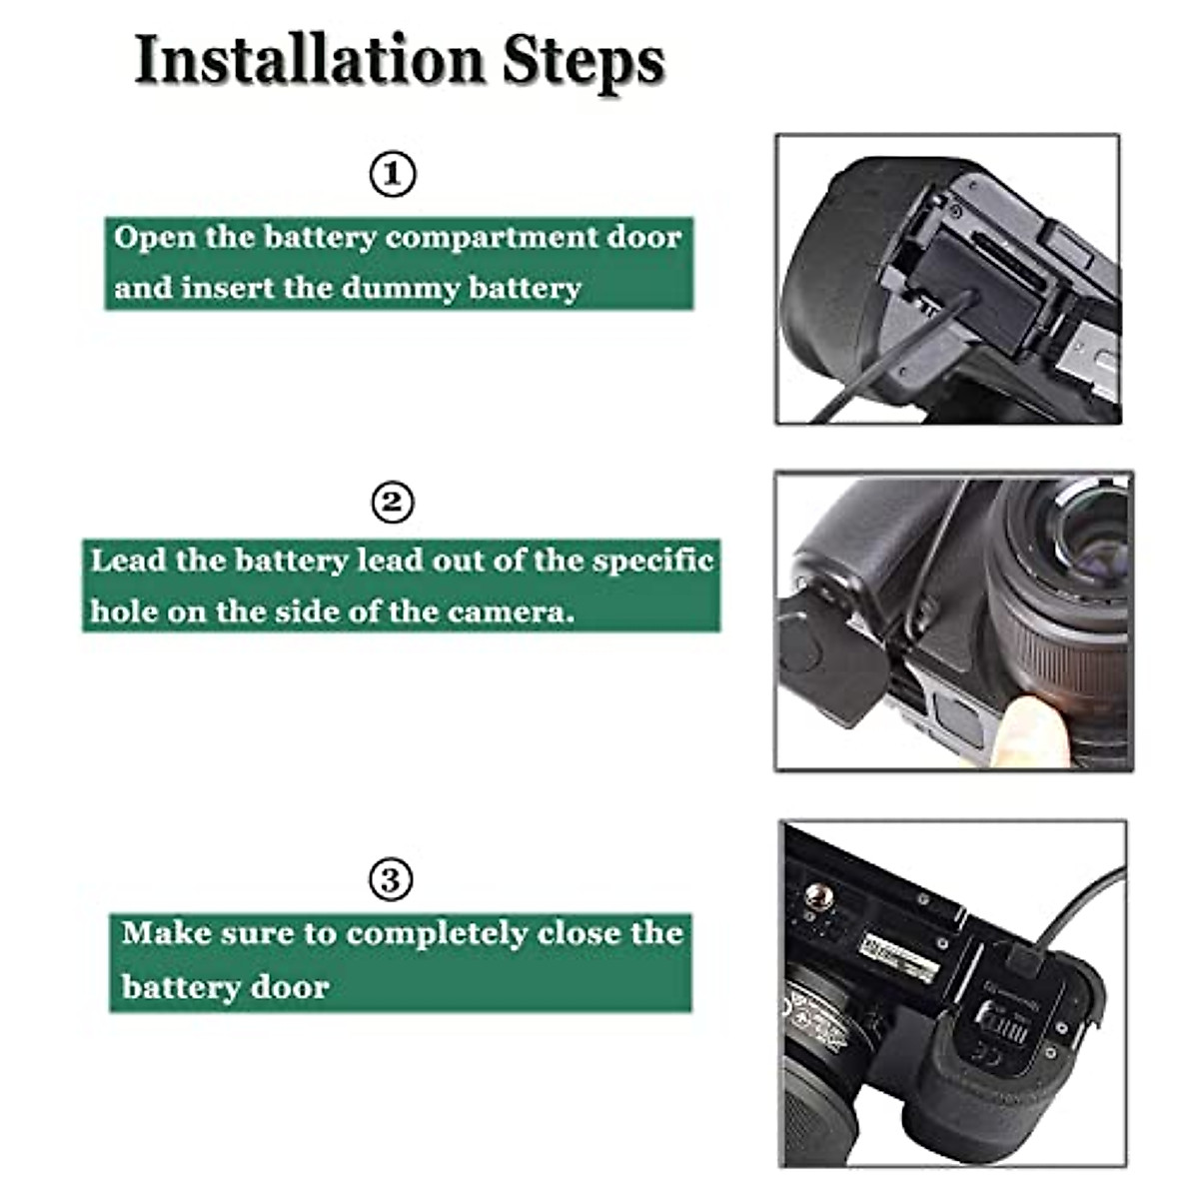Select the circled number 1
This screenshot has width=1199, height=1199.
(393, 174)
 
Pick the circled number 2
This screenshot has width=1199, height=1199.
(392, 502)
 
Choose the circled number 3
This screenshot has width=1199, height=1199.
(391, 880)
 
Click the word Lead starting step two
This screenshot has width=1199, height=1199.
(128, 560)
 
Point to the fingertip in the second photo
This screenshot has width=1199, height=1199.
(1029, 729)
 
